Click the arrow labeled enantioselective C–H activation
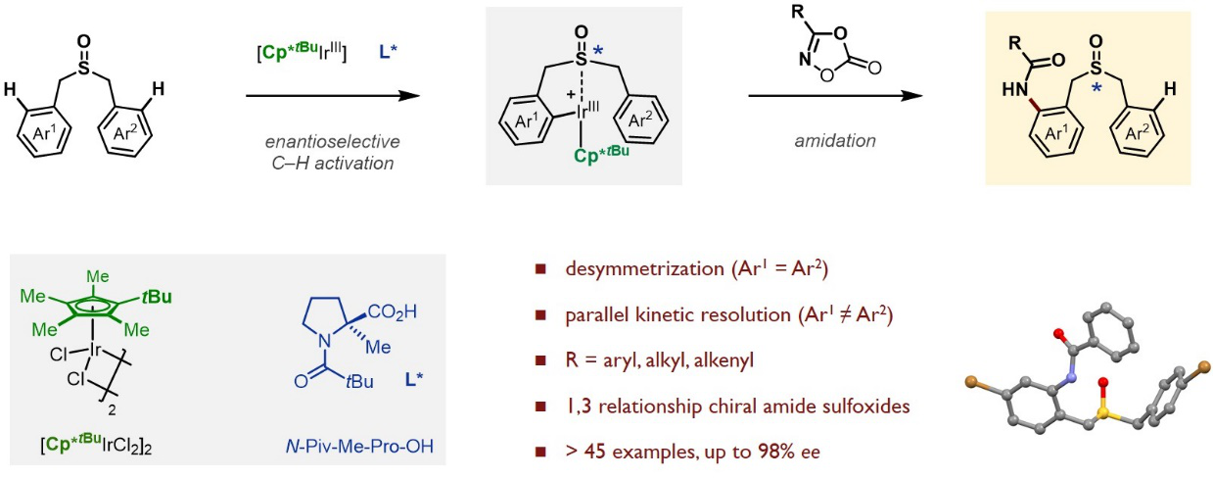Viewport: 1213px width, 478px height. pyautogui.click(x=333, y=96)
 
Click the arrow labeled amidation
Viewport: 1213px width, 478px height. pyautogui.click(x=835, y=96)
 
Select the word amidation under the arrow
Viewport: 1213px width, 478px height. pyautogui.click(x=834, y=141)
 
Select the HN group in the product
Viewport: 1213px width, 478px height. pyautogui.click(x=1015, y=90)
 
